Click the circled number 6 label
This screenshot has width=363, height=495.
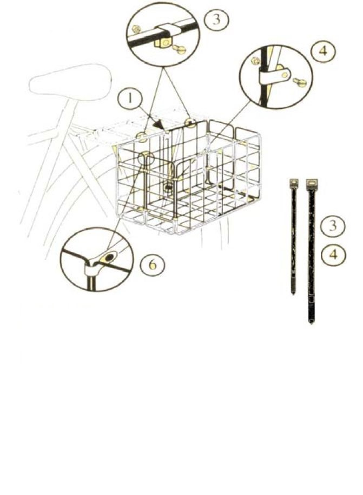[x=153, y=264]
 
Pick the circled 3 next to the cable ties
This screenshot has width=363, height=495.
[x=333, y=226]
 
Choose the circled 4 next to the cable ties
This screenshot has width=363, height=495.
[x=333, y=254]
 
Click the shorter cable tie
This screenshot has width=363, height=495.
[x=293, y=236]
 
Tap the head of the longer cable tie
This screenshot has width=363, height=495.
[x=312, y=184]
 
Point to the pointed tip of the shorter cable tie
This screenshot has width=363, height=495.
[x=293, y=293]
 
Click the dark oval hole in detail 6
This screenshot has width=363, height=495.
[x=109, y=258]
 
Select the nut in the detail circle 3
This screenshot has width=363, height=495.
[x=137, y=29]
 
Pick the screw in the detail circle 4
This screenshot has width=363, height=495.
[x=299, y=82]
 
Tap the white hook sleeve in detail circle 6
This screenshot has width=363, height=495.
[x=93, y=268]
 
